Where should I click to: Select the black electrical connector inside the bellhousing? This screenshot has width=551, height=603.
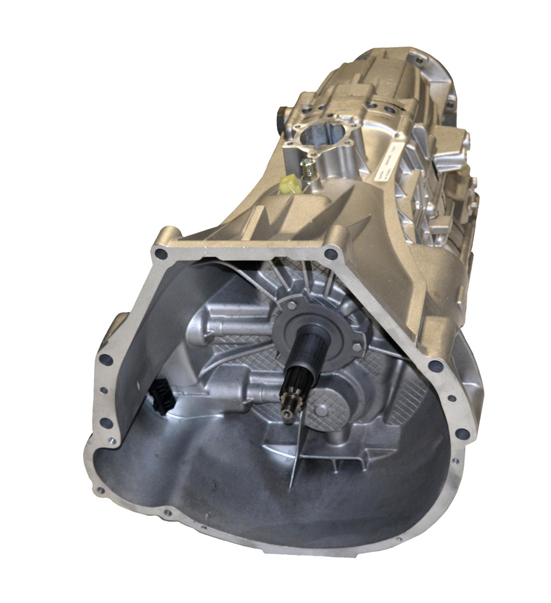pos(160,392)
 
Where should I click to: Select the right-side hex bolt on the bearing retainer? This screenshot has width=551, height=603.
pos(357,347)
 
